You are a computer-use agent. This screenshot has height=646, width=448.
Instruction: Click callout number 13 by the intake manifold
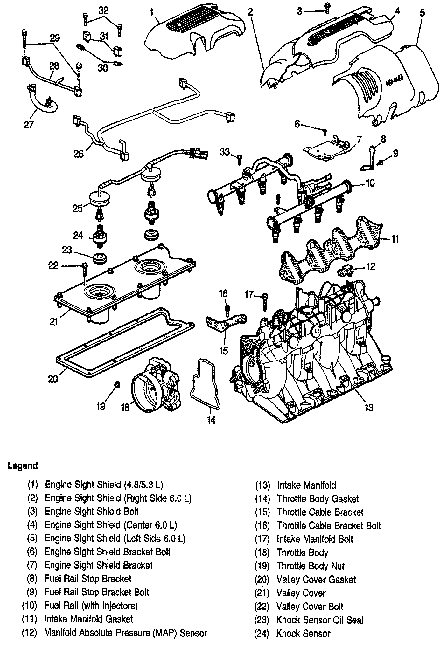[x=368, y=407]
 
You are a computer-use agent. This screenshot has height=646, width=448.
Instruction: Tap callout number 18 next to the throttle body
[x=125, y=407]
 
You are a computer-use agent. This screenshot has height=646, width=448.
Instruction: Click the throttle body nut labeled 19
[x=117, y=385]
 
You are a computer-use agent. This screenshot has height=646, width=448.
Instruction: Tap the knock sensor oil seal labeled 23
[x=100, y=258]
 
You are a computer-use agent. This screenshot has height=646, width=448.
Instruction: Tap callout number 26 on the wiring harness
[x=78, y=154]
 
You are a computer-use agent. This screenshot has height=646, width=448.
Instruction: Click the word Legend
[x=23, y=466]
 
